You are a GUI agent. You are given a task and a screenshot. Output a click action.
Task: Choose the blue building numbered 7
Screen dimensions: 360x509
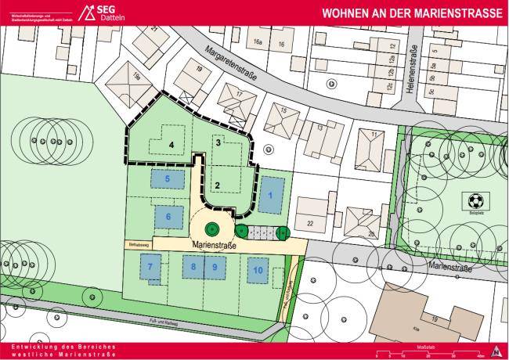(150, 268)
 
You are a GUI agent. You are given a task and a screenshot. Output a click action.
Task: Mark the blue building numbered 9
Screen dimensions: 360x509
(215, 268)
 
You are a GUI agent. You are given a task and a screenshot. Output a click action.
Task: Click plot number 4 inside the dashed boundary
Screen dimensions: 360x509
(170, 144)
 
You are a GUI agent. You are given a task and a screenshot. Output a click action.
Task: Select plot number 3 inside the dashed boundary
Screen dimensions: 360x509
(218, 142)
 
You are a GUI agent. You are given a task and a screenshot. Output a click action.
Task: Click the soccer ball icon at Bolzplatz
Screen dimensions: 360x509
(475, 200)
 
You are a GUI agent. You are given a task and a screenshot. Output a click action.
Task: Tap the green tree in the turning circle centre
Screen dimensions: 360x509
(211, 230)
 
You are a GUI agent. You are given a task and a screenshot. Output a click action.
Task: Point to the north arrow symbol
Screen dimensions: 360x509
(495, 351)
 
